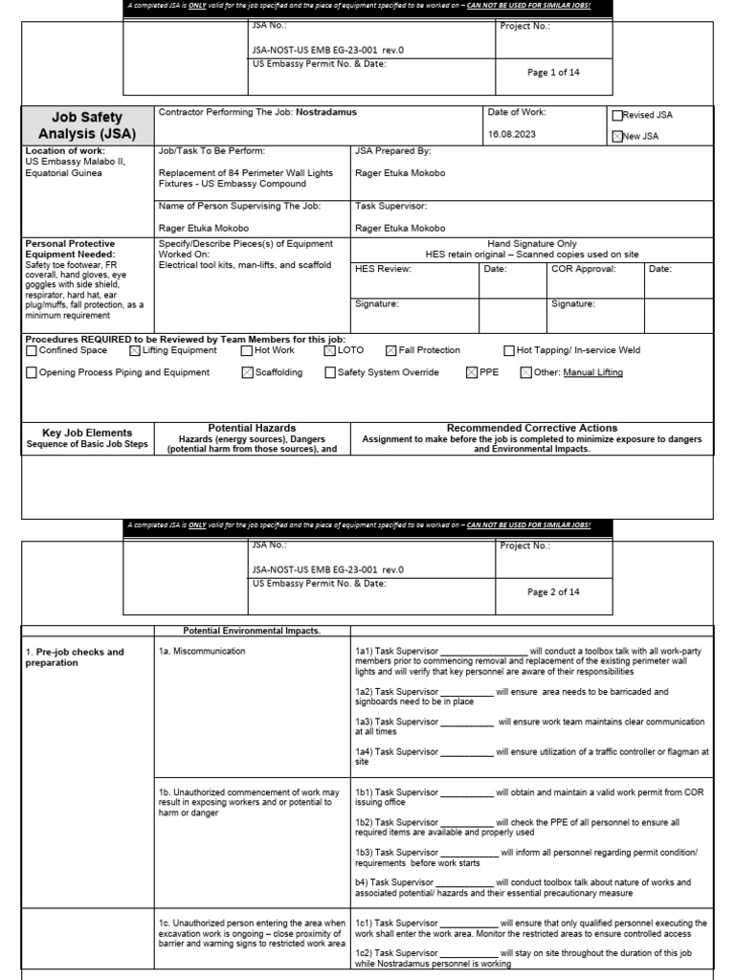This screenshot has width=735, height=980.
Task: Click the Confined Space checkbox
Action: (32, 351)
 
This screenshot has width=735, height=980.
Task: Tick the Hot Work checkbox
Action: (247, 351)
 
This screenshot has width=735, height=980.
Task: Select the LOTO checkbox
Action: (330, 351)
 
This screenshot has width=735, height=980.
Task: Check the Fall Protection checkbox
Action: (390, 351)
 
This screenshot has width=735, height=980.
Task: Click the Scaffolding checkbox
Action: (247, 373)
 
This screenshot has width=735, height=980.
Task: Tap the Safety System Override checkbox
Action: (330, 373)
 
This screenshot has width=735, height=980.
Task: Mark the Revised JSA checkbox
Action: (617, 116)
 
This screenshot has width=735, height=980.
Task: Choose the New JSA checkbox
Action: (617, 137)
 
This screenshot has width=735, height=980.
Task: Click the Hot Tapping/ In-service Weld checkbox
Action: (509, 351)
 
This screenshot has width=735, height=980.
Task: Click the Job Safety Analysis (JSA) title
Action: (87, 125)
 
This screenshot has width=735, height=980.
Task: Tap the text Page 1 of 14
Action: (553, 73)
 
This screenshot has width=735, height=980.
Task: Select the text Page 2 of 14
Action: (553, 592)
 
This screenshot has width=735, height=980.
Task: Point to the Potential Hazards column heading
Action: (252, 428)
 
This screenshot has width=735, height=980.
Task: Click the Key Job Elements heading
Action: (87, 433)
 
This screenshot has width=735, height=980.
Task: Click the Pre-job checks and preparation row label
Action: (75, 657)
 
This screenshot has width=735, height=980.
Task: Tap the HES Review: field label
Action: (383, 269)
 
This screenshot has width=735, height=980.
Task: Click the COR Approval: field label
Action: (583, 269)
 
